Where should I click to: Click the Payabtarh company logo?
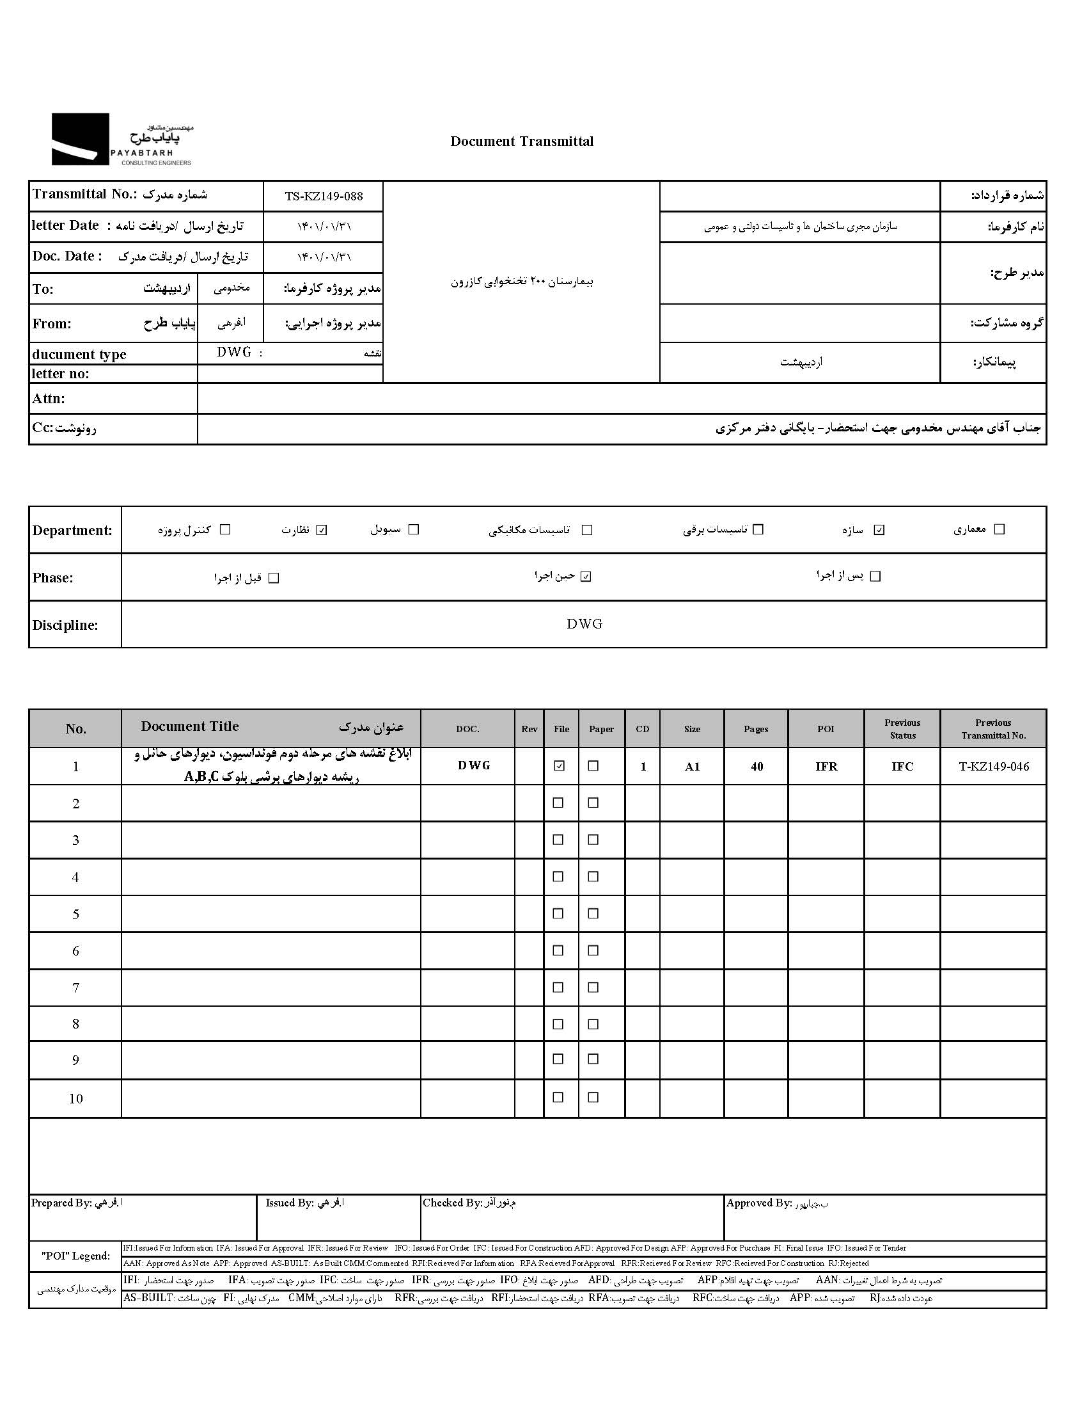pyautogui.click(x=122, y=140)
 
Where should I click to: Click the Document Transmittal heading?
pyautogui.click(x=522, y=142)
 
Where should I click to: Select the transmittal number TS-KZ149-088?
pyautogui.click(x=324, y=196)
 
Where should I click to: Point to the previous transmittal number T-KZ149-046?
pyautogui.click(x=994, y=766)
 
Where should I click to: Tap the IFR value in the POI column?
pyautogui.click(x=826, y=766)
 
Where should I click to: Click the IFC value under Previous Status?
pyautogui.click(x=902, y=766)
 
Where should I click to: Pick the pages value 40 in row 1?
pyautogui.click(x=757, y=766)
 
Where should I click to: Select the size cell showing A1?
pyautogui.click(x=693, y=766)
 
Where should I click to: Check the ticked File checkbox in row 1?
pyautogui.click(x=560, y=765)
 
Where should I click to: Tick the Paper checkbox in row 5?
pyautogui.click(x=593, y=913)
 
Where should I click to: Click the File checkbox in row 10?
pyautogui.click(x=558, y=1097)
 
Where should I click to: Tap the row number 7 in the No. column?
pyautogui.click(x=75, y=988)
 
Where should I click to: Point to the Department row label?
pyautogui.click(x=72, y=530)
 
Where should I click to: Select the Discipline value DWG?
pyautogui.click(x=584, y=623)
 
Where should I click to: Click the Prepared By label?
pyautogui.click(x=61, y=1203)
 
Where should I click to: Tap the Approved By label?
pyautogui.click(x=759, y=1203)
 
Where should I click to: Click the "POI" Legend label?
pyautogui.click(x=75, y=1255)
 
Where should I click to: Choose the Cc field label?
pyautogui.click(x=64, y=428)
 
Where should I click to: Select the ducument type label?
pyautogui.click(x=79, y=354)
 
